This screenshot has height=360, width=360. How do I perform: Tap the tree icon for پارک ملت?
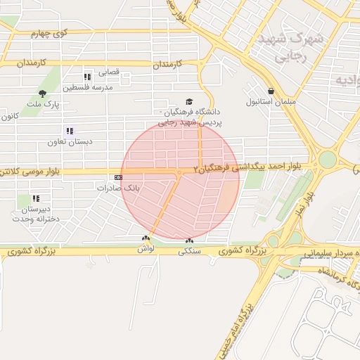(43, 94)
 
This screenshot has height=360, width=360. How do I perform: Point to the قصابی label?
(109, 72)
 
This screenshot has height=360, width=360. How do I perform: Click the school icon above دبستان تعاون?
(70, 131)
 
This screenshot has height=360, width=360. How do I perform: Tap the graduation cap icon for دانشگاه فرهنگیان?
(188, 102)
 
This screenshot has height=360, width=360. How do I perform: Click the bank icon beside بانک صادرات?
(117, 177)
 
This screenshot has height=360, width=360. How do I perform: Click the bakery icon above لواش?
(146, 238)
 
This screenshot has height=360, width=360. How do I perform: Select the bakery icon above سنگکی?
(190, 240)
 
